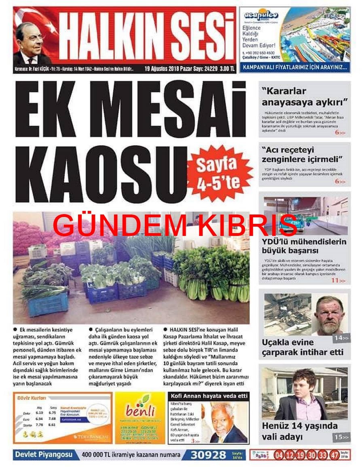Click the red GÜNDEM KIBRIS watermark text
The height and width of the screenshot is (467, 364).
[x=175, y=225]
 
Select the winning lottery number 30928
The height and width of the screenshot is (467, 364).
[x=209, y=455]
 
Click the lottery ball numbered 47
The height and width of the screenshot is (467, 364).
[x=334, y=455]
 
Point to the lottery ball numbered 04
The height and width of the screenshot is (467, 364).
[x=279, y=455]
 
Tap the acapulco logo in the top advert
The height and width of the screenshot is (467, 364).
[x=261, y=15]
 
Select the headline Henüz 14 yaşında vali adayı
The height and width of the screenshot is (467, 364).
[x=299, y=431]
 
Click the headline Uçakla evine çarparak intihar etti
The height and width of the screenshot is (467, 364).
[x=303, y=347]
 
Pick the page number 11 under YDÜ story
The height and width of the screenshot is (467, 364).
[x=334, y=280]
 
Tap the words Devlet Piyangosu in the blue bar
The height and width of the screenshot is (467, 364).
[x=44, y=455]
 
